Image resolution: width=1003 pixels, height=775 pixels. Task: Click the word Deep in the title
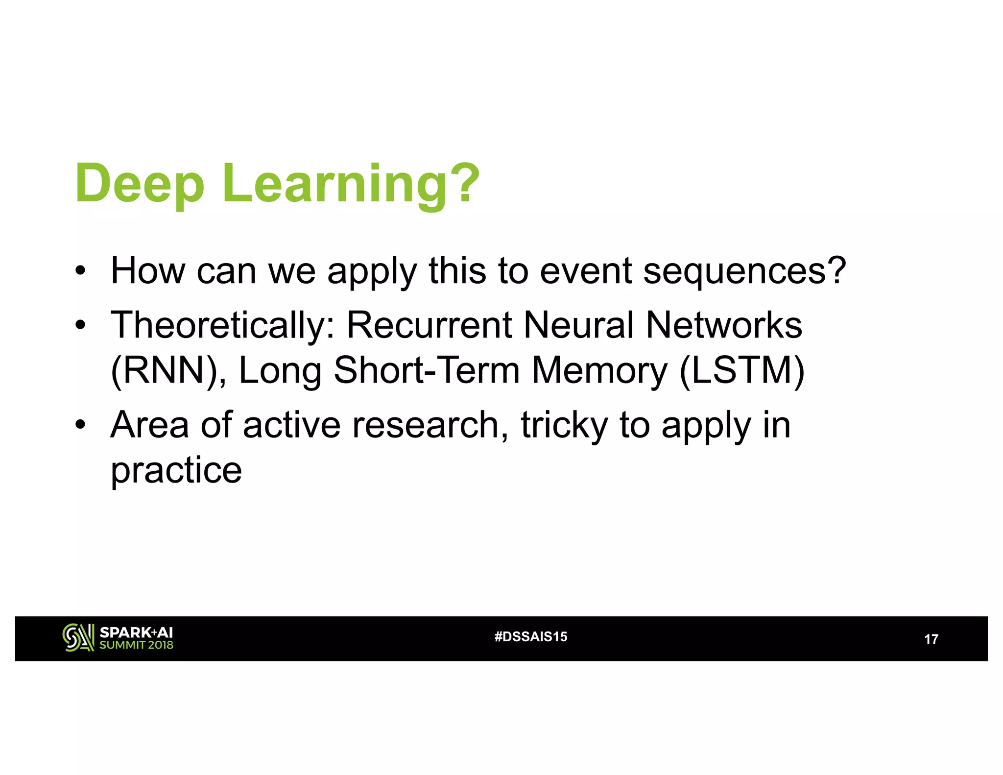pos(140,184)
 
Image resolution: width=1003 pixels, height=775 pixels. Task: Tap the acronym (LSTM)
pos(742,370)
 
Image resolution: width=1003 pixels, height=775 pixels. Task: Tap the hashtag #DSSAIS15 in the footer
pos(531,637)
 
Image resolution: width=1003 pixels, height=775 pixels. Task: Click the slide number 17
pos(931,639)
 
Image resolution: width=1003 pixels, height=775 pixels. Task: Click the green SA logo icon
pos(78,638)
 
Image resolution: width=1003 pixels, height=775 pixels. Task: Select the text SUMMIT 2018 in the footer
pos(136,645)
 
